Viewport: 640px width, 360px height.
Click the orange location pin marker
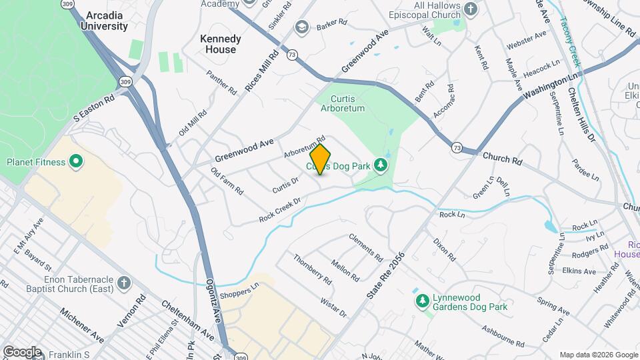pyautogui.click(x=321, y=159)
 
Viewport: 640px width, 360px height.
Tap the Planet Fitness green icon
pyautogui.click(x=76, y=161)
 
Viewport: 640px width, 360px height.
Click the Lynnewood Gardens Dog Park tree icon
pyautogui.click(x=422, y=302)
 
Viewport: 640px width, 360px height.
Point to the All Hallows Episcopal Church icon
pyautogui.click(x=471, y=9)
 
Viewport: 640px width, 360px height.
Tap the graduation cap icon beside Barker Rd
pyautogui.click(x=301, y=27)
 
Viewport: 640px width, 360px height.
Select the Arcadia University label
pyautogui.click(x=104, y=21)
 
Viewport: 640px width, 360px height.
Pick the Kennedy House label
pyautogui.click(x=221, y=44)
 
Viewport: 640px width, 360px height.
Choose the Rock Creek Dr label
pyautogui.click(x=280, y=209)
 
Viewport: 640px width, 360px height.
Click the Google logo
pyautogui.click(x=22, y=351)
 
